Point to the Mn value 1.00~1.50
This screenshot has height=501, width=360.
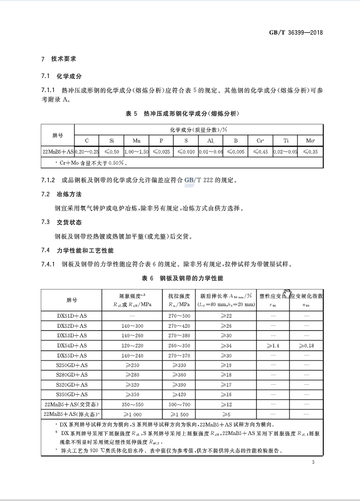tap(136, 152)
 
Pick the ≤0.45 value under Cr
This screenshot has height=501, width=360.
tap(260, 152)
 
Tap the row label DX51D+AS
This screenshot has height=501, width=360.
tap(71, 315)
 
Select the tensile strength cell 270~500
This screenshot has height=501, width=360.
tap(179, 315)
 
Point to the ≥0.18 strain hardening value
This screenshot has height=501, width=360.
tap(306, 345)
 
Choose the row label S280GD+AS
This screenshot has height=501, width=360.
tap(71, 375)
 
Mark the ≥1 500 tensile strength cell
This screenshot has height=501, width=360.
tap(179, 414)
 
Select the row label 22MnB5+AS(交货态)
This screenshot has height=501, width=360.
tap(71, 404)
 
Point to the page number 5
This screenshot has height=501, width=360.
tap(313, 462)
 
